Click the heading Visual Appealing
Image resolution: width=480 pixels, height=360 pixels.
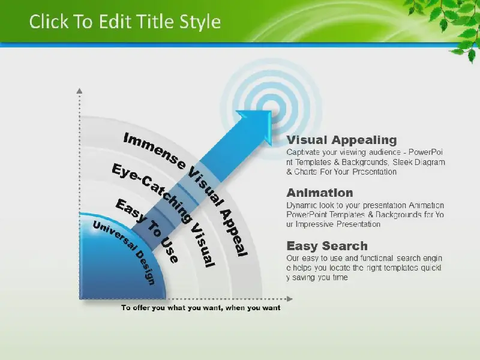click(x=341, y=140)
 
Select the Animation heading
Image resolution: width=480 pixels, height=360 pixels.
click(x=320, y=193)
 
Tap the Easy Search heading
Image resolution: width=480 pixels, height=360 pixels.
click(x=327, y=246)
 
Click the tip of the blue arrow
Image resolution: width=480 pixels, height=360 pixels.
click(x=271, y=112)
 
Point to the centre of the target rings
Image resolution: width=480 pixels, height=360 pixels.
click(x=271, y=110)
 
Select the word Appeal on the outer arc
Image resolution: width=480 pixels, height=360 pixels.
click(x=234, y=233)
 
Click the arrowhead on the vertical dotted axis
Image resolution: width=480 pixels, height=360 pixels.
click(x=80, y=91)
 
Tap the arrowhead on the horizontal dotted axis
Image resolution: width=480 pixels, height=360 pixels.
click(x=290, y=299)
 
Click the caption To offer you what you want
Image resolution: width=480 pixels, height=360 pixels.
click(x=200, y=308)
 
